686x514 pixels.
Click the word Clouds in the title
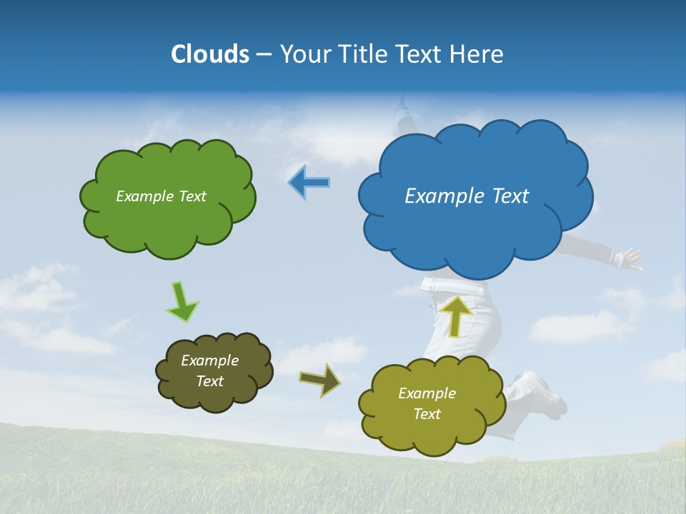point(210,54)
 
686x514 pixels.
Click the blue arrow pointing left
point(309,183)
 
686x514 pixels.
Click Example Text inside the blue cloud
point(467,196)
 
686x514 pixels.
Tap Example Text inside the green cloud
point(161,196)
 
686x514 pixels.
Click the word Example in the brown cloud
point(209,361)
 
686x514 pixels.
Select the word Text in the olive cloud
point(427,414)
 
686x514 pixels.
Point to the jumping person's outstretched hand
point(630,258)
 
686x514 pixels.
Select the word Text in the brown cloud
point(209,381)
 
